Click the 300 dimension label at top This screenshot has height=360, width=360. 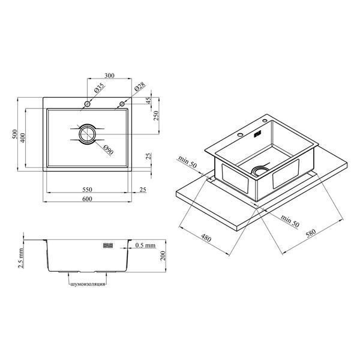pyautogui.click(x=109, y=76)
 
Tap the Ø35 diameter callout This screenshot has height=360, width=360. pyautogui.click(x=100, y=88)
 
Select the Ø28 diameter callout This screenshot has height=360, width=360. pyautogui.click(x=140, y=86)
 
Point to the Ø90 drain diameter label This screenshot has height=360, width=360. pyautogui.click(x=108, y=150)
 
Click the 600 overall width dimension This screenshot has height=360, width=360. pyautogui.click(x=87, y=199)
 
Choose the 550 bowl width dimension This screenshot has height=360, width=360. pyautogui.click(x=87, y=190)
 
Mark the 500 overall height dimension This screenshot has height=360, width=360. pyautogui.click(x=14, y=134)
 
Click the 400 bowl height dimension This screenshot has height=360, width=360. pyautogui.click(x=23, y=138)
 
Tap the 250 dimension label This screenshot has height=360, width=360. pyautogui.click(x=156, y=116)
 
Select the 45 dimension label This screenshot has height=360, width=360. pyautogui.click(x=149, y=101)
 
